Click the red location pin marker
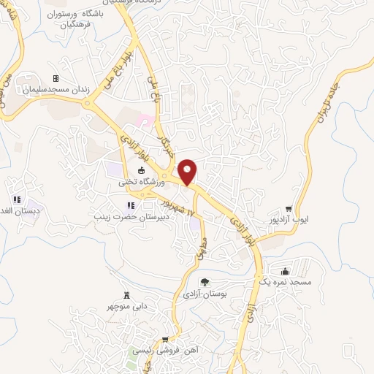(x=188, y=170)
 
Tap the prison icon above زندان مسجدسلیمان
(x=56, y=78)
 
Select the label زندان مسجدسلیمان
(x=56, y=89)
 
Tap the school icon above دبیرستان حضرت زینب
(x=131, y=206)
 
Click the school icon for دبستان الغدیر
(x=16, y=199)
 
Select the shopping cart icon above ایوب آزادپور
(x=289, y=209)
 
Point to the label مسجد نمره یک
(x=286, y=281)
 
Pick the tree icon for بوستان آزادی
(x=204, y=282)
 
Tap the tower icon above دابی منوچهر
(x=126, y=295)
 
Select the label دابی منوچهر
(x=129, y=306)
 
